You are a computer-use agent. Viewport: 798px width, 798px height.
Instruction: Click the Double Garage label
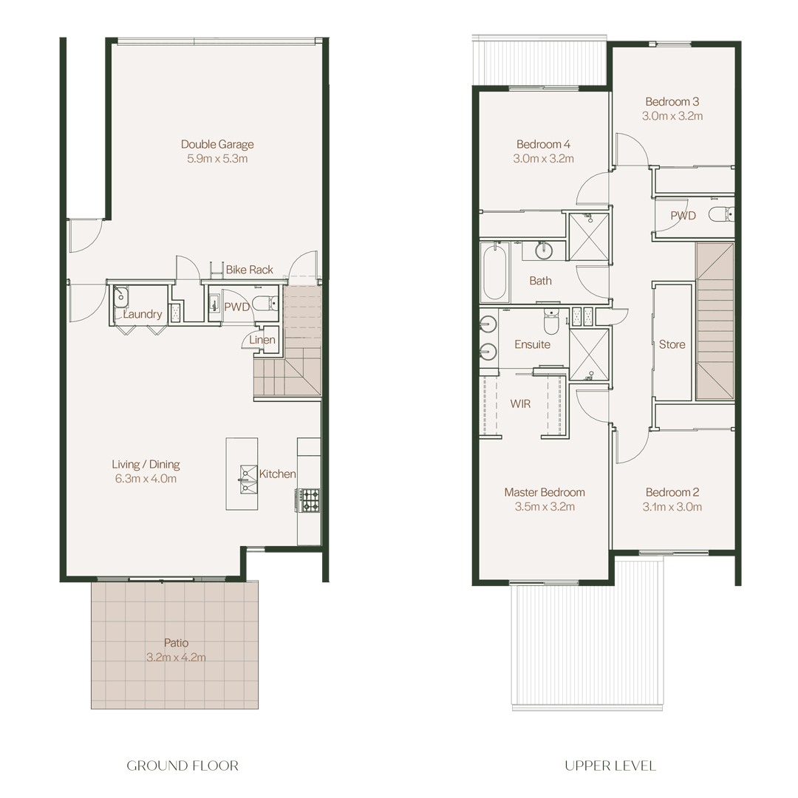tap(217, 145)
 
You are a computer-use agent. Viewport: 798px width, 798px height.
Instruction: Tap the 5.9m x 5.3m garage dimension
tap(217, 159)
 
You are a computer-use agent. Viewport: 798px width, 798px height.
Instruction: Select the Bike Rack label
tap(250, 270)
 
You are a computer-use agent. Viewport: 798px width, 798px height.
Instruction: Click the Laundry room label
tap(143, 315)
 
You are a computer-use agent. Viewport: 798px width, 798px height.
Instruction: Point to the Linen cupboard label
tap(262, 340)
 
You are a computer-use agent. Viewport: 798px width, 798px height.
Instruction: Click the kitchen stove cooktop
tap(308, 500)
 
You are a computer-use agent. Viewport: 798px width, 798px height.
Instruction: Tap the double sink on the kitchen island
tap(248, 480)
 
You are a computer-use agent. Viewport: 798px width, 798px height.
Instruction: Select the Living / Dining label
tap(146, 465)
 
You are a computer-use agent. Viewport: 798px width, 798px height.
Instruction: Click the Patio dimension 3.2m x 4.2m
tap(176, 658)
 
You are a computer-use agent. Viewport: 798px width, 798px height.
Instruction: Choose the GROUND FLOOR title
tap(183, 766)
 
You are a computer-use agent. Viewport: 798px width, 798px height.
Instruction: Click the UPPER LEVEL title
tap(610, 766)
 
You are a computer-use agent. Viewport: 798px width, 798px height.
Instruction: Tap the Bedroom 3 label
tap(672, 102)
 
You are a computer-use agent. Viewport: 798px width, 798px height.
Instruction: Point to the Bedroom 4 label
tap(544, 145)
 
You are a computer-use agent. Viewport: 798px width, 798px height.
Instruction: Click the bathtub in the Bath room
tap(494, 271)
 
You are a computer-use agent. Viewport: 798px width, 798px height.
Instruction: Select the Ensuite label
tap(532, 344)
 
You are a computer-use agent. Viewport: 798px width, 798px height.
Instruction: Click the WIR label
tap(520, 404)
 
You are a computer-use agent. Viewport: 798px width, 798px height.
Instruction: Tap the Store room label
tap(672, 344)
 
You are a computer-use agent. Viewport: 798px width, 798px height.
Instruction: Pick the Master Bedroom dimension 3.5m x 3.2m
tap(545, 507)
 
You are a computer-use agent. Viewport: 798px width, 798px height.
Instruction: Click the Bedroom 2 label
tap(672, 493)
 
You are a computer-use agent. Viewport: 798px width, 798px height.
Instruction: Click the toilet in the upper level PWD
tap(722, 215)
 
